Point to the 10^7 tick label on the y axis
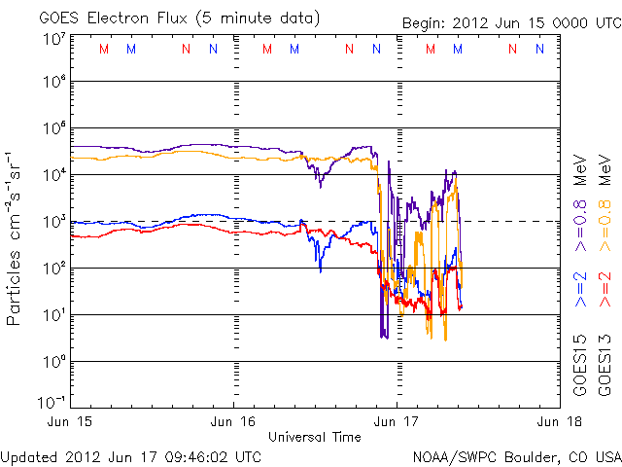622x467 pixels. pos(52,40)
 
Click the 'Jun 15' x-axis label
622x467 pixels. pos(71,422)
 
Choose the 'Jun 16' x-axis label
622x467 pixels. pos(233,422)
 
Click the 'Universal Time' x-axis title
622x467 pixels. pos(315,437)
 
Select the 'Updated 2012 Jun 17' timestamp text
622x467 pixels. pos(131,455)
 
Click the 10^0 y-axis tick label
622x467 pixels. pos(52,362)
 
